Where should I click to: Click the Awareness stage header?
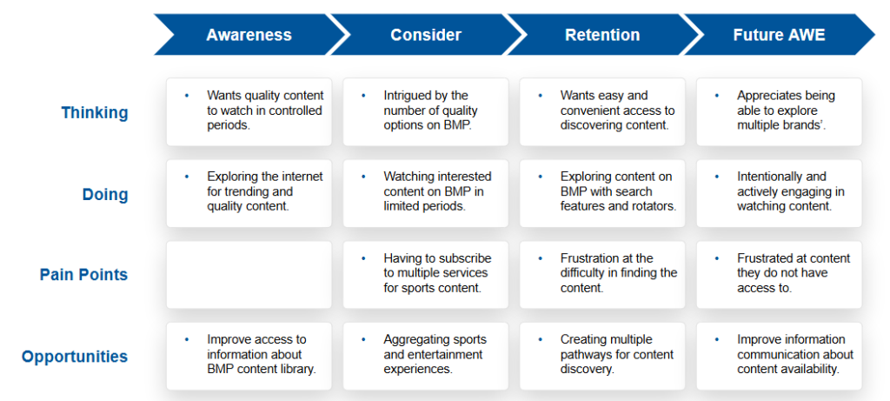249,35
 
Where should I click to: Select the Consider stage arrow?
426,35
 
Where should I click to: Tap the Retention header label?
602,35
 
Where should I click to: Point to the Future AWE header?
779,35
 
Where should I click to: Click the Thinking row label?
95,112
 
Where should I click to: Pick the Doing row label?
105,194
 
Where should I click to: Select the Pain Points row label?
84,275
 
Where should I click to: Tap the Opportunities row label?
75,357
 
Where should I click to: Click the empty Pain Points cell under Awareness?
249,275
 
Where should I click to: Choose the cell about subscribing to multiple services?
426,275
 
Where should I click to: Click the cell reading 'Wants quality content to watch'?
249,112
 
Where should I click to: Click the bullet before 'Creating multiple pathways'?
541,339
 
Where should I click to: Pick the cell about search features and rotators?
602,193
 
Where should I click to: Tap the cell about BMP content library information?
249,356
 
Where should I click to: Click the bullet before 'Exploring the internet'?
187,177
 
